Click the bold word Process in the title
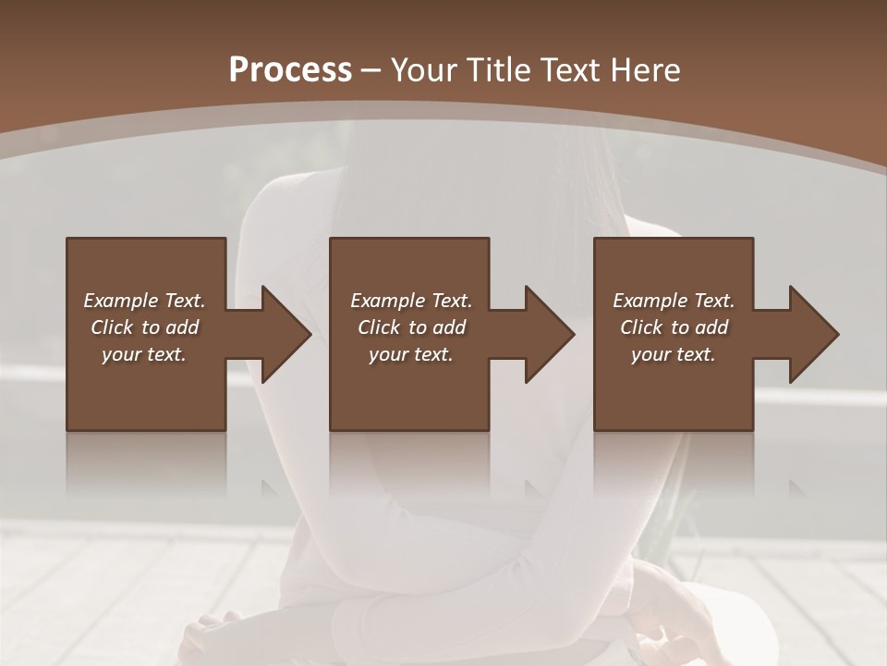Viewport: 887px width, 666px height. point(290,70)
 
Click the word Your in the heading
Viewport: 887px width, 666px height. point(421,70)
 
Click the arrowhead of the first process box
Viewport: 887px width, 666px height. point(283,334)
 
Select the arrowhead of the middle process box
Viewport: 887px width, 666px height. point(547,334)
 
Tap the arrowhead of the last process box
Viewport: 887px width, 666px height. point(811,334)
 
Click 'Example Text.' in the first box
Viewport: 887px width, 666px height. point(144,301)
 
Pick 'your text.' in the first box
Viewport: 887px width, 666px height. point(144,354)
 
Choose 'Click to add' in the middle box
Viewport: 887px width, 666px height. point(411,327)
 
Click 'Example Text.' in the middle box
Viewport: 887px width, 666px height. point(411,301)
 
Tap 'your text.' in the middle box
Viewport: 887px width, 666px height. point(411,354)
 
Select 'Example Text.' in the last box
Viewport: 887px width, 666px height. point(674,301)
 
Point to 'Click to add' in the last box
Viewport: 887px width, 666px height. point(674,327)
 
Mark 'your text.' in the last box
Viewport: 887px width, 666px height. point(674,354)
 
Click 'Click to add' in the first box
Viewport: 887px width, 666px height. point(144,327)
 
